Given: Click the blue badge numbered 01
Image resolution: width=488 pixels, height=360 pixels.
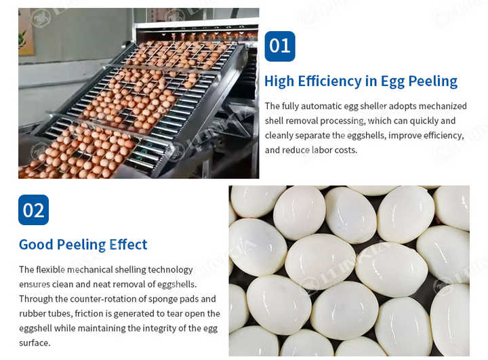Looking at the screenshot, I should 279,46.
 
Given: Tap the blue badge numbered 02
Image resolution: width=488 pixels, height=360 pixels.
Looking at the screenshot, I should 34,210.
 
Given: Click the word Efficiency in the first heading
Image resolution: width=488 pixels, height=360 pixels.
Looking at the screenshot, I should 328,81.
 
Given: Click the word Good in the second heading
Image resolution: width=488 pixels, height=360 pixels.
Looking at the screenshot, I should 35,244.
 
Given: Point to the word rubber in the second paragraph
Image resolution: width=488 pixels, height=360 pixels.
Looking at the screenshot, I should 33,313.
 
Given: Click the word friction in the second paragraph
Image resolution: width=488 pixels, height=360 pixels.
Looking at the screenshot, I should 89,313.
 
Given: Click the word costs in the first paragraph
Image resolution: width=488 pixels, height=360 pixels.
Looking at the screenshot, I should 345,150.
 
